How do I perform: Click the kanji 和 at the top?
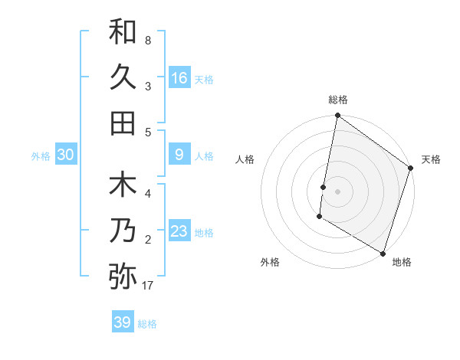[x=123, y=31]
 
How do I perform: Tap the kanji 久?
[x=123, y=77]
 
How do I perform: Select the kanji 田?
[x=123, y=123]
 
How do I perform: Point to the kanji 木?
[x=123, y=186]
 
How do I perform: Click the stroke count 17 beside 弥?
[x=148, y=286]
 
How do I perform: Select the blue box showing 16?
[x=179, y=77]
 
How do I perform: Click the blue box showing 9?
[x=179, y=155]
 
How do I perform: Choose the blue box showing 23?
[x=179, y=232]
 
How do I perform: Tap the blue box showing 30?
[x=65, y=155]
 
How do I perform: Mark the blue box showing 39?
[x=122, y=322]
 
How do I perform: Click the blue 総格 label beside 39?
[x=147, y=324]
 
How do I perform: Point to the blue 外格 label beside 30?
[x=41, y=156]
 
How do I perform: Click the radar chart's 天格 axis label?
[x=431, y=159]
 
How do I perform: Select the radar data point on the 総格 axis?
[x=337, y=116]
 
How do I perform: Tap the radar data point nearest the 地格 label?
[x=382, y=252]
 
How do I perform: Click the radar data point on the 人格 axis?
[x=324, y=187]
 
